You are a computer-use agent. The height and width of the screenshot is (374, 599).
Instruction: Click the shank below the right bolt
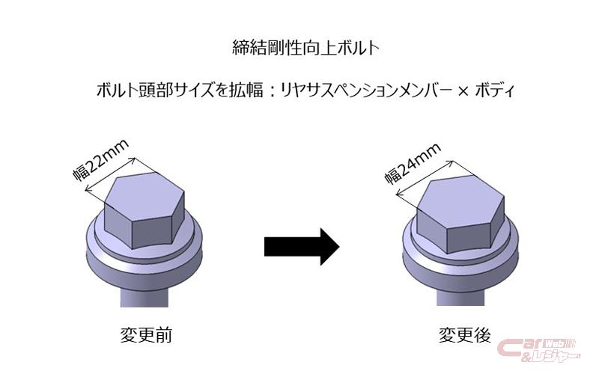coord(458,295)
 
